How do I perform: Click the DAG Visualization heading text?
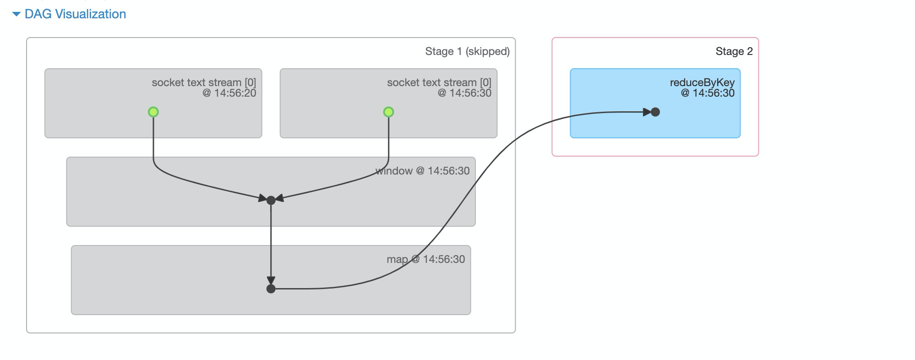[75, 14]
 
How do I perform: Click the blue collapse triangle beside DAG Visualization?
[16, 15]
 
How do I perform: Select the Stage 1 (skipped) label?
[467, 51]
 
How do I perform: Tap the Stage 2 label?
[734, 51]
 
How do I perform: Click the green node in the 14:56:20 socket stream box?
[153, 112]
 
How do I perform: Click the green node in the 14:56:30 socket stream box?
[388, 112]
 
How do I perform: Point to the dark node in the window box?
[271, 200]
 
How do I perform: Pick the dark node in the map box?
[271, 289]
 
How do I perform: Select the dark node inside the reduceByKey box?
[655, 112]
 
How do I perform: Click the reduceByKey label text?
[702, 82]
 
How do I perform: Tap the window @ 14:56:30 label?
[422, 171]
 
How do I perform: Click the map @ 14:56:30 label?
[425, 259]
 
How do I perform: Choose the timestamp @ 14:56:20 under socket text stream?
[229, 93]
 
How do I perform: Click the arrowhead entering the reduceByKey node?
[647, 112]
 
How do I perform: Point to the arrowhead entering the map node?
[271, 280]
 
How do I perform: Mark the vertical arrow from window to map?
[271, 243]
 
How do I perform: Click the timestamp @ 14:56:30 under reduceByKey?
[708, 93]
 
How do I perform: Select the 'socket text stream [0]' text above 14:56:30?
[439, 82]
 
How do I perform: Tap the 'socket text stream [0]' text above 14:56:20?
[204, 82]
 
